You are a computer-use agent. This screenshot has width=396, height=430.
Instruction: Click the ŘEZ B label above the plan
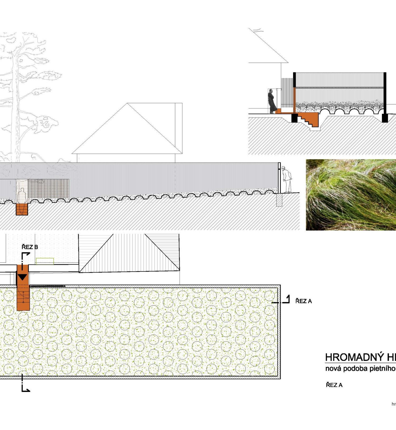pyautogui.click(x=30, y=247)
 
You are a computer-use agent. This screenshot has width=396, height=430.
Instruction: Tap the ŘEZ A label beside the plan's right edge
pyautogui.click(x=303, y=301)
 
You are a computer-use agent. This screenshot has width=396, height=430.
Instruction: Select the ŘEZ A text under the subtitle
pyautogui.click(x=334, y=385)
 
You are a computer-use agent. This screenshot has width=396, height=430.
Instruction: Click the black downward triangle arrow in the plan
pyautogui.click(x=22, y=277)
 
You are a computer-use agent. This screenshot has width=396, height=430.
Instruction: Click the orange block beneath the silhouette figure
pyautogui.click(x=22, y=209)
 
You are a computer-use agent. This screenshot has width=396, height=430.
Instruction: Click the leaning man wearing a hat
pyautogui.click(x=287, y=179)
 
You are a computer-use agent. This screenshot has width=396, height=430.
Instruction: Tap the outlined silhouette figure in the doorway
pyautogui.click(x=22, y=196)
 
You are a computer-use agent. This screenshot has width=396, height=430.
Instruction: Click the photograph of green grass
pyautogui.click(x=351, y=195)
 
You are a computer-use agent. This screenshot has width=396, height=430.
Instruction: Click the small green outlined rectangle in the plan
pyautogui.click(x=45, y=261)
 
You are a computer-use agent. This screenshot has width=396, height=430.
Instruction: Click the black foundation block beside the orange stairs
pyautogui.click(x=294, y=118)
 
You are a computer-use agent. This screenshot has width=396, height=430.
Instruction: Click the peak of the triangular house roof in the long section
pyautogui.click(x=128, y=103)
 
